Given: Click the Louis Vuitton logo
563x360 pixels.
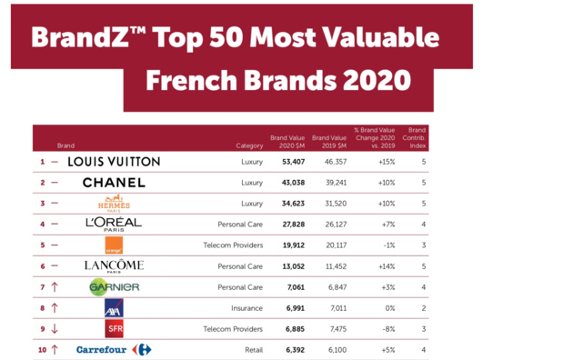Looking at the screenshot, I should (114, 162).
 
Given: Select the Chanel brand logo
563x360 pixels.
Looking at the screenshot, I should (114, 182).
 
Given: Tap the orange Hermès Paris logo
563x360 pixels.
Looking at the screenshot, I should (114, 203).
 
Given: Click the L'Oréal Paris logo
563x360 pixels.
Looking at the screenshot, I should (114, 224).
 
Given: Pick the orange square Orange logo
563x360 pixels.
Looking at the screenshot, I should (114, 245).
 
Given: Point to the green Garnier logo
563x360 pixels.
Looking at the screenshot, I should (114, 286).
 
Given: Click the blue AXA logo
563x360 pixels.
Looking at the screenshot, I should (114, 307).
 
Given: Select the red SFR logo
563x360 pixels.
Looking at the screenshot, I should (114, 328).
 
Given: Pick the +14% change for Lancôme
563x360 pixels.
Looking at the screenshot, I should (387, 265).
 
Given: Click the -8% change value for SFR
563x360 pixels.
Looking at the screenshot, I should (389, 328).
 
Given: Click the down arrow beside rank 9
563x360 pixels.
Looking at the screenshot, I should (55, 328).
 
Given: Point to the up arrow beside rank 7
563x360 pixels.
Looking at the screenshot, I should (55, 286).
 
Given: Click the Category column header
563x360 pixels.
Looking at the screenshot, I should (248, 145).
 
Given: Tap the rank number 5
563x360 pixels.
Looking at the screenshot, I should (42, 245).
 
